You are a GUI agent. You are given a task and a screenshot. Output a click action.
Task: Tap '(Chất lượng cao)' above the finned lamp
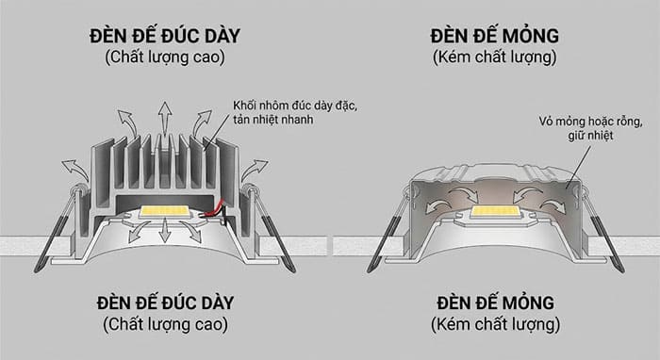tap(164, 59)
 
